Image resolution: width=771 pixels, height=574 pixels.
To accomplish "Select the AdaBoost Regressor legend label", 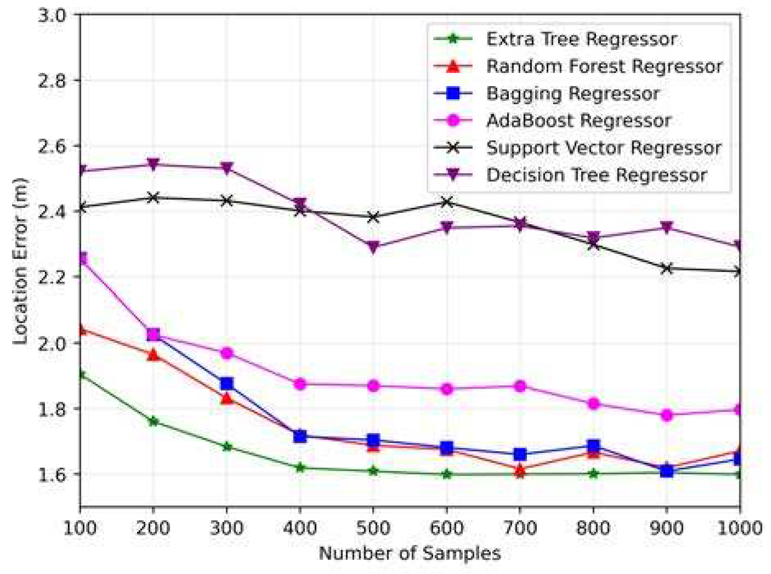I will [x=578, y=121].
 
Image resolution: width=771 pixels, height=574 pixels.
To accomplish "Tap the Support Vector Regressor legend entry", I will [x=603, y=148].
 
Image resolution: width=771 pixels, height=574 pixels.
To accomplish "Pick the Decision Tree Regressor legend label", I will [x=596, y=175].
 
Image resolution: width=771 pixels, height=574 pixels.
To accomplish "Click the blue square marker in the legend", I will [x=453, y=94].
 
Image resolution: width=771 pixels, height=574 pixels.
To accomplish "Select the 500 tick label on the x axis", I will [x=373, y=528].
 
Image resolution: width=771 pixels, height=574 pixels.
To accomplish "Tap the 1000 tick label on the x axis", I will [x=739, y=528].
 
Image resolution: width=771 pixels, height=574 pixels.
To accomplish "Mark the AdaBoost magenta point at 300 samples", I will [x=227, y=353].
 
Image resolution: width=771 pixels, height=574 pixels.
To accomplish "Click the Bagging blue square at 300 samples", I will [x=227, y=384].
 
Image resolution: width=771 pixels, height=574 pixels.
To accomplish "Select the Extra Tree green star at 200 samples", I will [x=153, y=421].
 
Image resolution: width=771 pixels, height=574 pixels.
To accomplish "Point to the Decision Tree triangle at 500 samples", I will [x=373, y=247].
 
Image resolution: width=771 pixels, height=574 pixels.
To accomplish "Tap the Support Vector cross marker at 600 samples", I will [x=447, y=202].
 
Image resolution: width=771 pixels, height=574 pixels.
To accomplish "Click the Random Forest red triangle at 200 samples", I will [x=153, y=355].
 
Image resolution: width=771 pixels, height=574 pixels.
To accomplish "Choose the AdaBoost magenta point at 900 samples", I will [x=667, y=415].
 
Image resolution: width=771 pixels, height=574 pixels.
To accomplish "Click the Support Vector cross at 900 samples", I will [x=667, y=269].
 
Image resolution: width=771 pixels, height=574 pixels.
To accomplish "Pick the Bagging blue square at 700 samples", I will [x=520, y=455].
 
